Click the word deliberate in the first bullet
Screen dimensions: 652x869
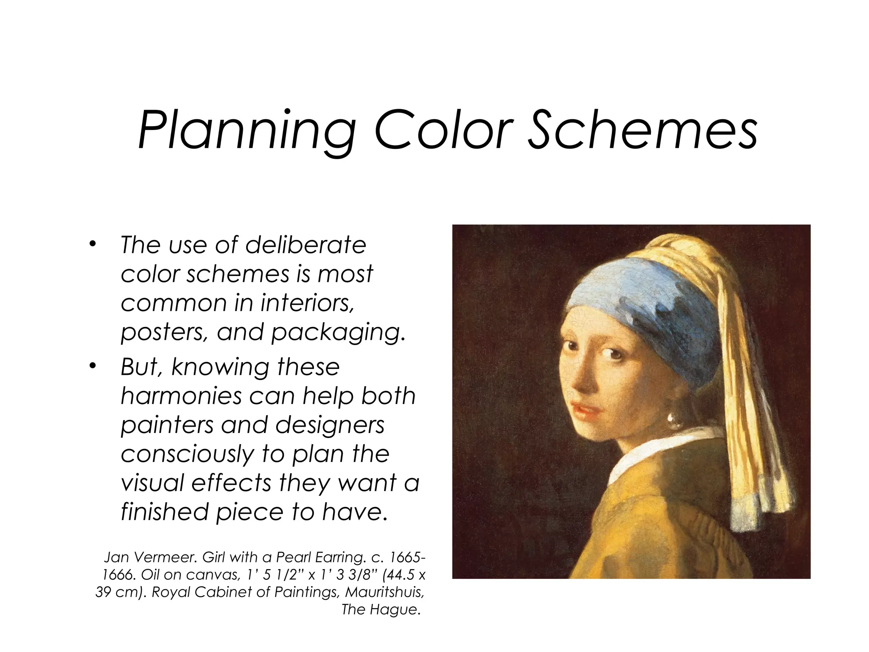pos(306,245)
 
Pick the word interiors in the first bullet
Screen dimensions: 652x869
pos(307,303)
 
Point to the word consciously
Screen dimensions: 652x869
pos(187,454)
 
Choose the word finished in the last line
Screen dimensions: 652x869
pos(165,512)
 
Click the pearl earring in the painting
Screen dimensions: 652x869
pos(672,417)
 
